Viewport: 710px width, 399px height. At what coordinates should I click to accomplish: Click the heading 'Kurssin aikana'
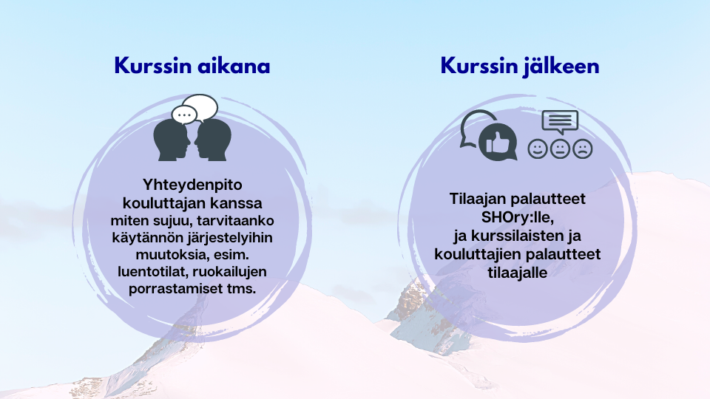click(x=192, y=66)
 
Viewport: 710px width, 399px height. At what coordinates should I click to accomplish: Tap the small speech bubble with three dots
click(x=184, y=115)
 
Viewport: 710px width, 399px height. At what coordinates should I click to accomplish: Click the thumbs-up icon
click(x=498, y=142)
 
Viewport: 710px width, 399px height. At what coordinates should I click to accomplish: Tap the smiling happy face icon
click(x=538, y=149)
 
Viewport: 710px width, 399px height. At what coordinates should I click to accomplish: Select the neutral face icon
click(x=560, y=149)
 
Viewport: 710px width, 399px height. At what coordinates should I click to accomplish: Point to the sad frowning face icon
click(x=582, y=149)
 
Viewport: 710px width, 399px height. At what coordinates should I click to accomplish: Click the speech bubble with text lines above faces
click(x=560, y=121)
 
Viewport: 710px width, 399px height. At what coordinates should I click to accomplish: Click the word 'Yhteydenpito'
click(x=192, y=185)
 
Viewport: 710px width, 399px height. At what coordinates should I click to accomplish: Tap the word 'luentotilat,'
click(x=153, y=271)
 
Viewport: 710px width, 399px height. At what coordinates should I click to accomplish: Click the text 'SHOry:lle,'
click(x=518, y=217)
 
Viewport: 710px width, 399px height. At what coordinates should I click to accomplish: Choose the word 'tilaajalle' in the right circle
click(x=518, y=273)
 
